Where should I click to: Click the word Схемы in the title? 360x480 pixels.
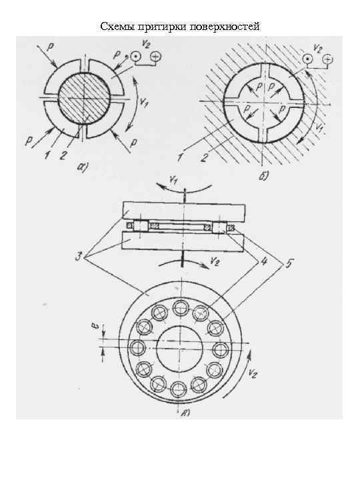coord(117,27)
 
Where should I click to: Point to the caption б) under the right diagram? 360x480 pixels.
coord(263,177)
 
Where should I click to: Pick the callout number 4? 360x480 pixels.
coord(263,262)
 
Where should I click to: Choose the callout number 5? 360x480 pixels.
coord(289,263)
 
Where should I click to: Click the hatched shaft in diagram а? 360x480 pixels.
coord(84,99)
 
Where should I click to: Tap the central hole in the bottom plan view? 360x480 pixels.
coord(179,349)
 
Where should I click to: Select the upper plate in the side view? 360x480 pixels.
coord(184,211)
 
